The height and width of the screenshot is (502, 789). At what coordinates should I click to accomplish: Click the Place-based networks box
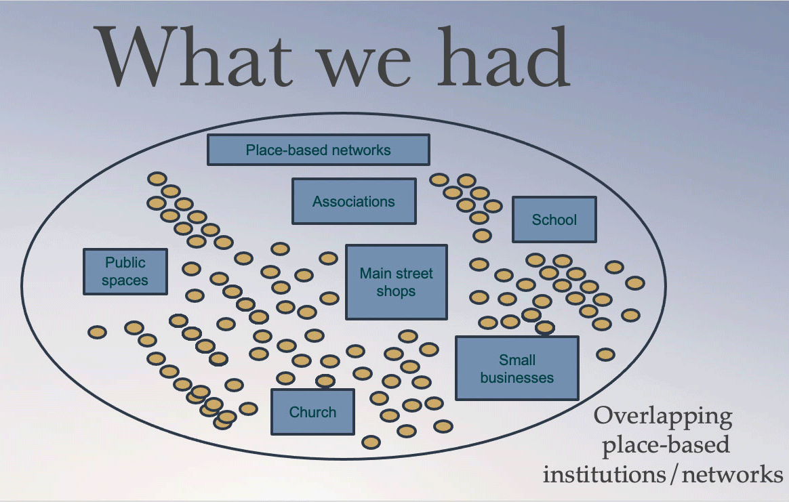point(318,150)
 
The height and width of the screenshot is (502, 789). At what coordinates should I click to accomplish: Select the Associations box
point(353,201)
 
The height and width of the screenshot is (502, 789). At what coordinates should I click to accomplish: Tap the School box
point(554,219)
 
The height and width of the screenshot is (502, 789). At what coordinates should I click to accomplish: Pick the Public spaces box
point(125,271)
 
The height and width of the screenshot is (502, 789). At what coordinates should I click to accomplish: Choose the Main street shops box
point(396,282)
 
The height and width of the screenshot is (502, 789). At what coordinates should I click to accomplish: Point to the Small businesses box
point(517,369)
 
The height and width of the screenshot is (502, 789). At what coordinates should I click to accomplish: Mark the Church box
point(312,412)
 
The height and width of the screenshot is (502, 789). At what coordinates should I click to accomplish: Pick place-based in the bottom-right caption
point(666,446)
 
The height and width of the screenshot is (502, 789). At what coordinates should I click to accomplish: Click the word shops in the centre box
point(396,291)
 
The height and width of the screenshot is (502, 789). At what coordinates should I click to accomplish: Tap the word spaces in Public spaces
point(125,280)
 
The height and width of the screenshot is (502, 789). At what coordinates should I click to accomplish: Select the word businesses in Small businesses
point(517,378)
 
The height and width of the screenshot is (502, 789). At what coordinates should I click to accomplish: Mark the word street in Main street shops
point(413,274)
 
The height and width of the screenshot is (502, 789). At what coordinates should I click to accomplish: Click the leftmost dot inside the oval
point(97,332)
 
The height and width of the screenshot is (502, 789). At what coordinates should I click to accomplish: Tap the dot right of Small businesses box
point(605,354)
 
